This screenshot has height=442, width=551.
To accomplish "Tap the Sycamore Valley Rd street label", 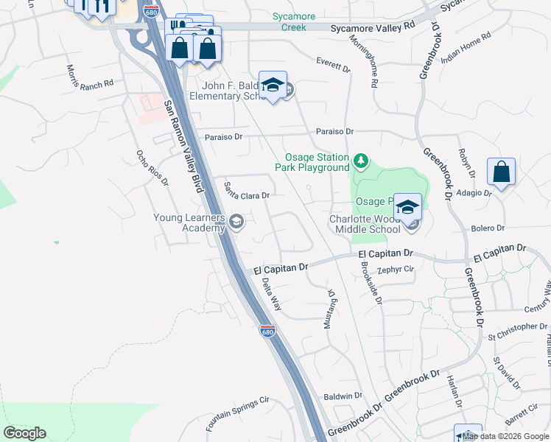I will (x=372, y=25).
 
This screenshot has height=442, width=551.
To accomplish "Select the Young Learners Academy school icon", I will (x=236, y=222).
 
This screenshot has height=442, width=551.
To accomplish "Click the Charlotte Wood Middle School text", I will (x=364, y=224).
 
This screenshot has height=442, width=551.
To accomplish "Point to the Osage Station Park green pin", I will (x=360, y=160).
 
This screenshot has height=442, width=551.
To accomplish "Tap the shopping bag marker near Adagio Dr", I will (x=501, y=173).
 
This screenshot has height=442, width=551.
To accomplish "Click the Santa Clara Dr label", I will (x=248, y=191).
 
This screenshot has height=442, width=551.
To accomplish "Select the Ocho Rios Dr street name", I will (x=152, y=168).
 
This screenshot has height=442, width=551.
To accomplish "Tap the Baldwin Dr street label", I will (x=343, y=396).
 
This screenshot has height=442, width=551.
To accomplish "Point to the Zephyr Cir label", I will (x=396, y=270).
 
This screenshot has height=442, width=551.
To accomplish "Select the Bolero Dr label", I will (x=489, y=228).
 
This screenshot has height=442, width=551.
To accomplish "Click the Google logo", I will (x=24, y=433).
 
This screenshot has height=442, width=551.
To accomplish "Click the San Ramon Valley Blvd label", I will (x=183, y=147).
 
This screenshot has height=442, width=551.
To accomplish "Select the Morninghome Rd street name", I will (x=373, y=72).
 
